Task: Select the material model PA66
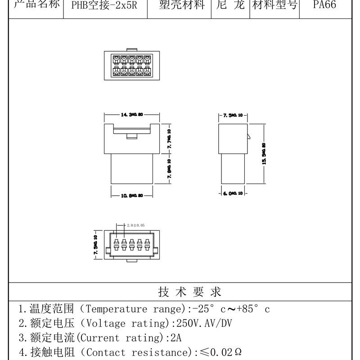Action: click(324, 6)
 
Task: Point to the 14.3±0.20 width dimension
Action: click(131, 116)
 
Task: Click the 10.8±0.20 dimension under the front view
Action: click(132, 196)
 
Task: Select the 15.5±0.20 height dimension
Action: click(264, 153)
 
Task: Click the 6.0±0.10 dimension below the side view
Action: click(233, 193)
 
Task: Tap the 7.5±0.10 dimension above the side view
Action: click(233, 116)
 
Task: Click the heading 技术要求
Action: click(190, 292)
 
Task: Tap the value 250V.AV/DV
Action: click(202, 324)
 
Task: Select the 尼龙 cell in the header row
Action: click(230, 6)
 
